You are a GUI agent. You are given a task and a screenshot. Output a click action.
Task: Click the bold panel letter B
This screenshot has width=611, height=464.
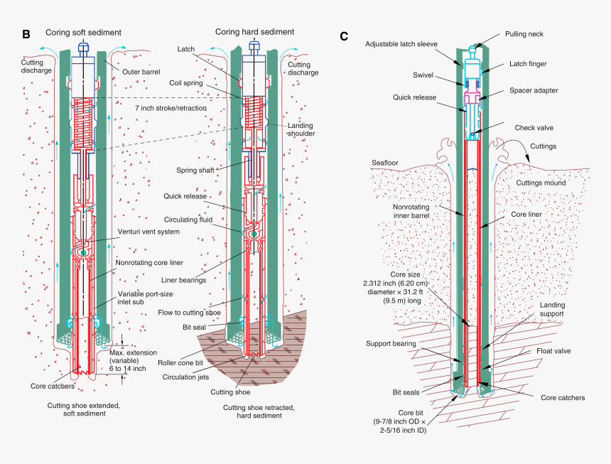pos(26,33)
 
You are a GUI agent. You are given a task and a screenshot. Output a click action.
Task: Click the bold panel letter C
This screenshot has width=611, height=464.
pos(344,36)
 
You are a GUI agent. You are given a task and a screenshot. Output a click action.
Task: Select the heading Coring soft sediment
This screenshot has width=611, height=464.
pos(83,33)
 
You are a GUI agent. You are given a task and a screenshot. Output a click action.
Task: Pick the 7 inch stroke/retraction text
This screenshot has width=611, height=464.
pos(171,108)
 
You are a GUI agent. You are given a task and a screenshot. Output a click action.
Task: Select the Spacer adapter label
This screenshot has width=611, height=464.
pos(534,90)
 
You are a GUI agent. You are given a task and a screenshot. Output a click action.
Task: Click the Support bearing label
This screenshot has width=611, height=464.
pos(391,343)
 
